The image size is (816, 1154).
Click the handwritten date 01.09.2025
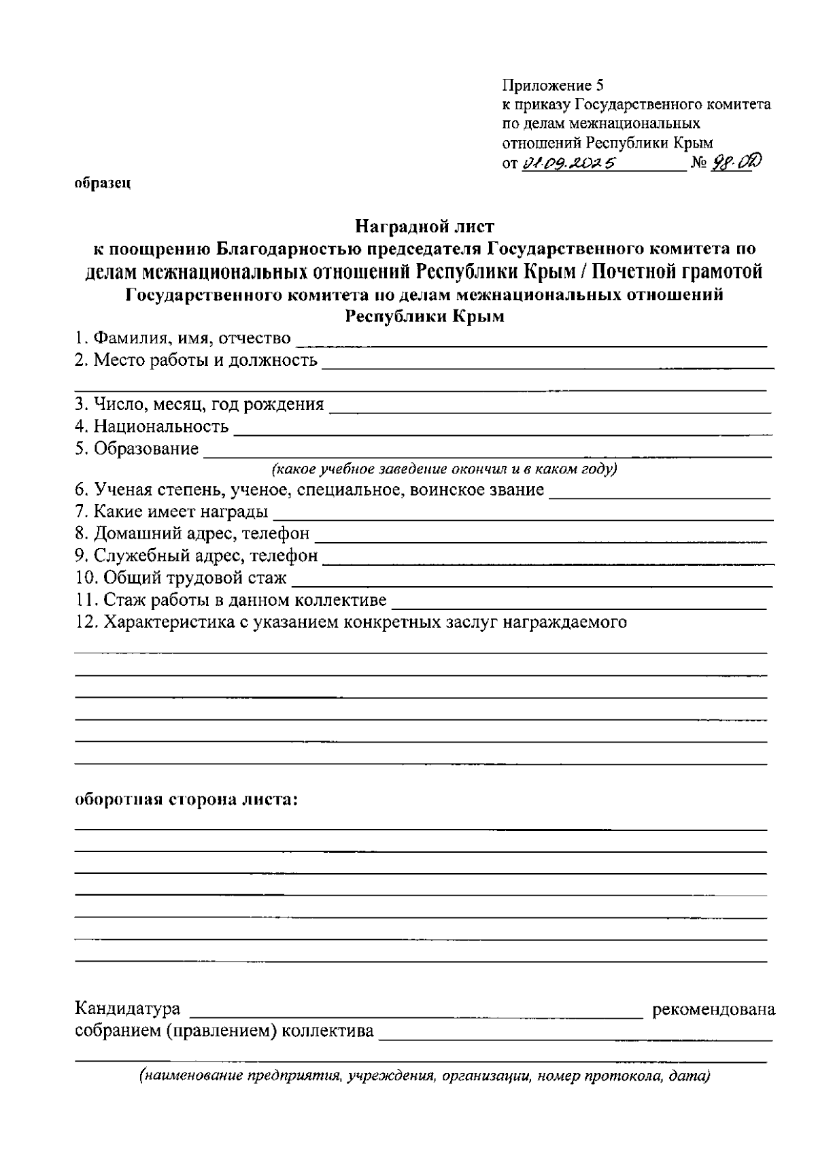point(568,163)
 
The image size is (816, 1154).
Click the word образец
point(102,184)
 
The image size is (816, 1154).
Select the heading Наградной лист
point(425,226)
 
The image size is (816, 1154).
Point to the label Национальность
point(152,427)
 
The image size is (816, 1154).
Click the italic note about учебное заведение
point(444,469)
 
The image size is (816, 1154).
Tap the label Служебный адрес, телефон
point(196,556)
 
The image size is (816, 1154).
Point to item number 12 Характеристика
point(350,622)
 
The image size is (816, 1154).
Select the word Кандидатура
point(127,1008)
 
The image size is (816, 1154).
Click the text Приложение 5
point(552,86)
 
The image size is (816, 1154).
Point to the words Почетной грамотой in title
point(676,272)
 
